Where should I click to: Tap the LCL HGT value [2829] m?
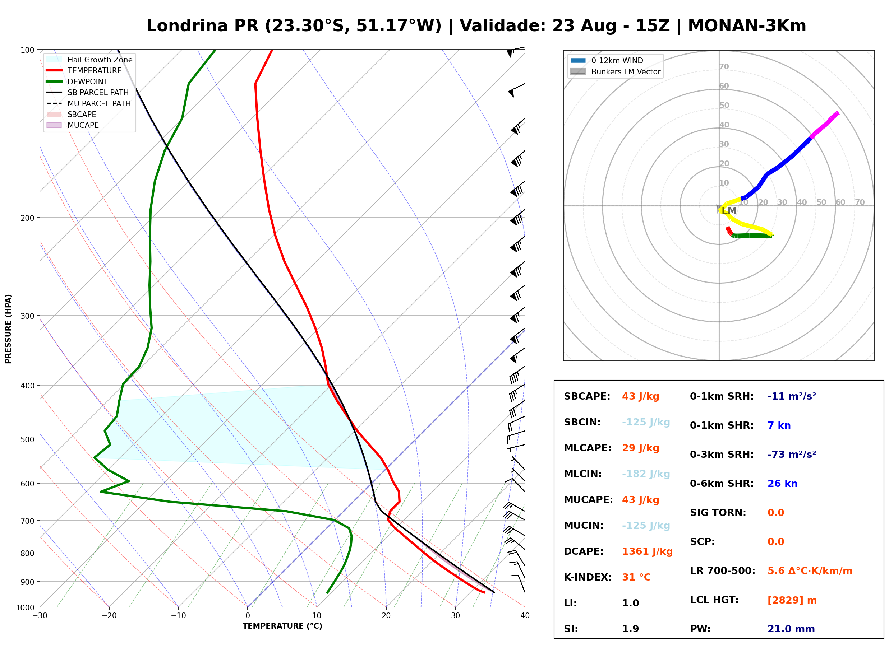[x=792, y=600]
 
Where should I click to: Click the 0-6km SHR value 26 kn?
[x=782, y=484]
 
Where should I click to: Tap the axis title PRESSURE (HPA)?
[x=8, y=329]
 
